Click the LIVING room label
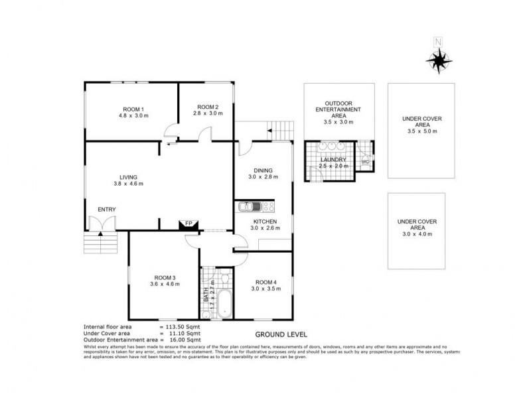pyautogui.click(x=128, y=177)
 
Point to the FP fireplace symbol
pyautogui.click(x=188, y=224)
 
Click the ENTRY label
pyautogui.click(x=106, y=209)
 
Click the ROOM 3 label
pyautogui.click(x=164, y=277)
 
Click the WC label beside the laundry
pyautogui.click(x=364, y=162)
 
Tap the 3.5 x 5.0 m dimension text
pyautogui.click(x=421, y=131)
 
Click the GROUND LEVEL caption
pyautogui.click(x=280, y=335)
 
